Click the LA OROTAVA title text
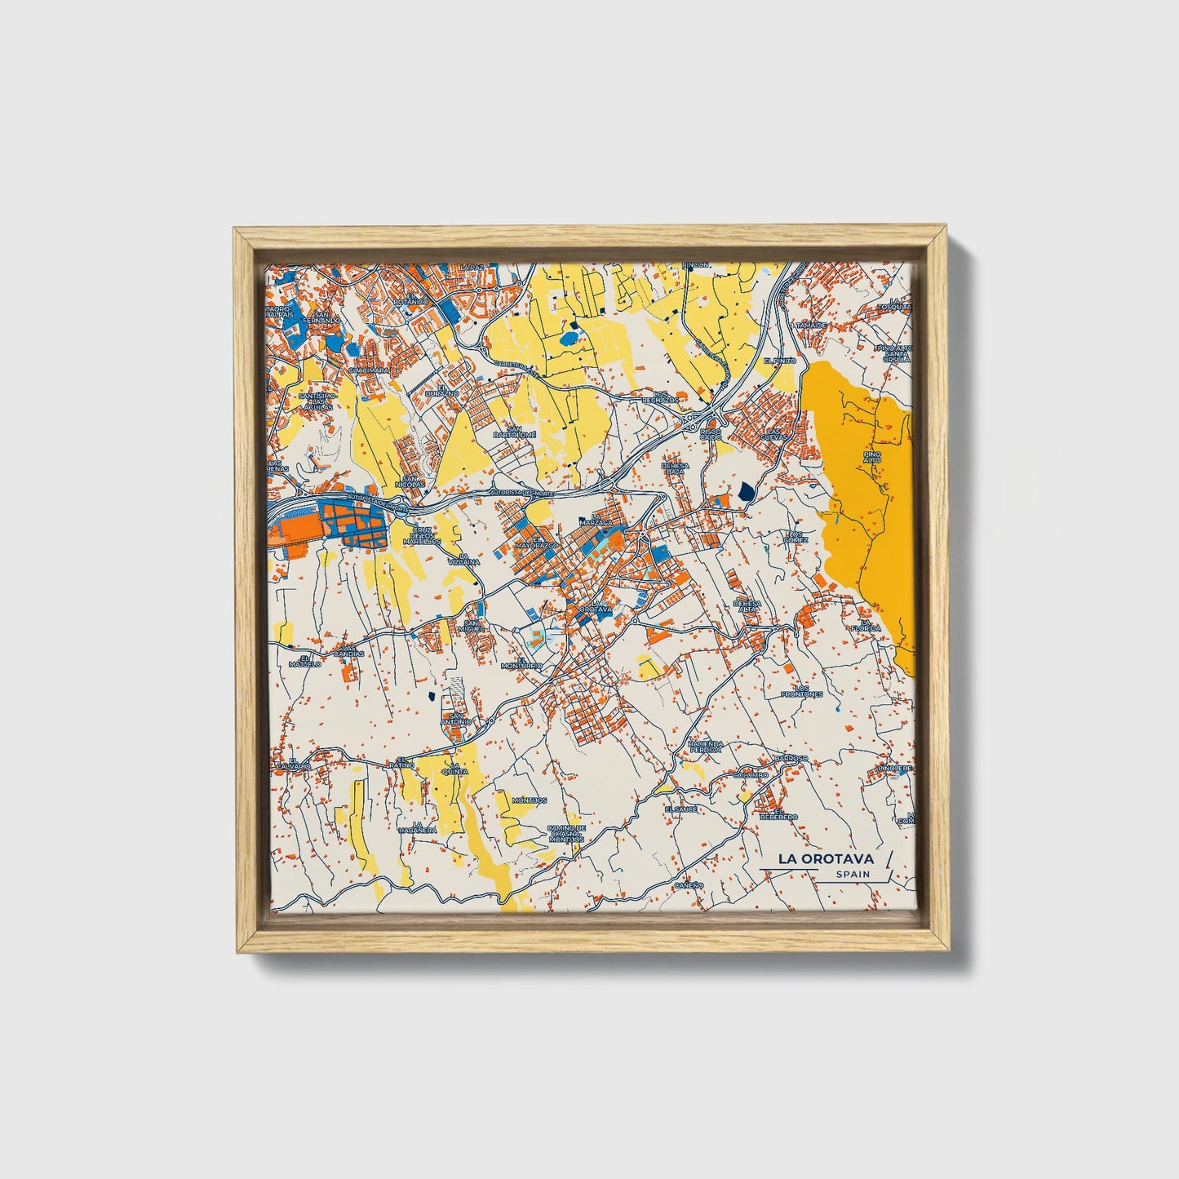click(825, 858)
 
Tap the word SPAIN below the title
click(853, 874)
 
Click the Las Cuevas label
click(775, 434)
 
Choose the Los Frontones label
click(801, 691)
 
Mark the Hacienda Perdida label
click(705, 747)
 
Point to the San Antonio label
click(455, 720)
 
